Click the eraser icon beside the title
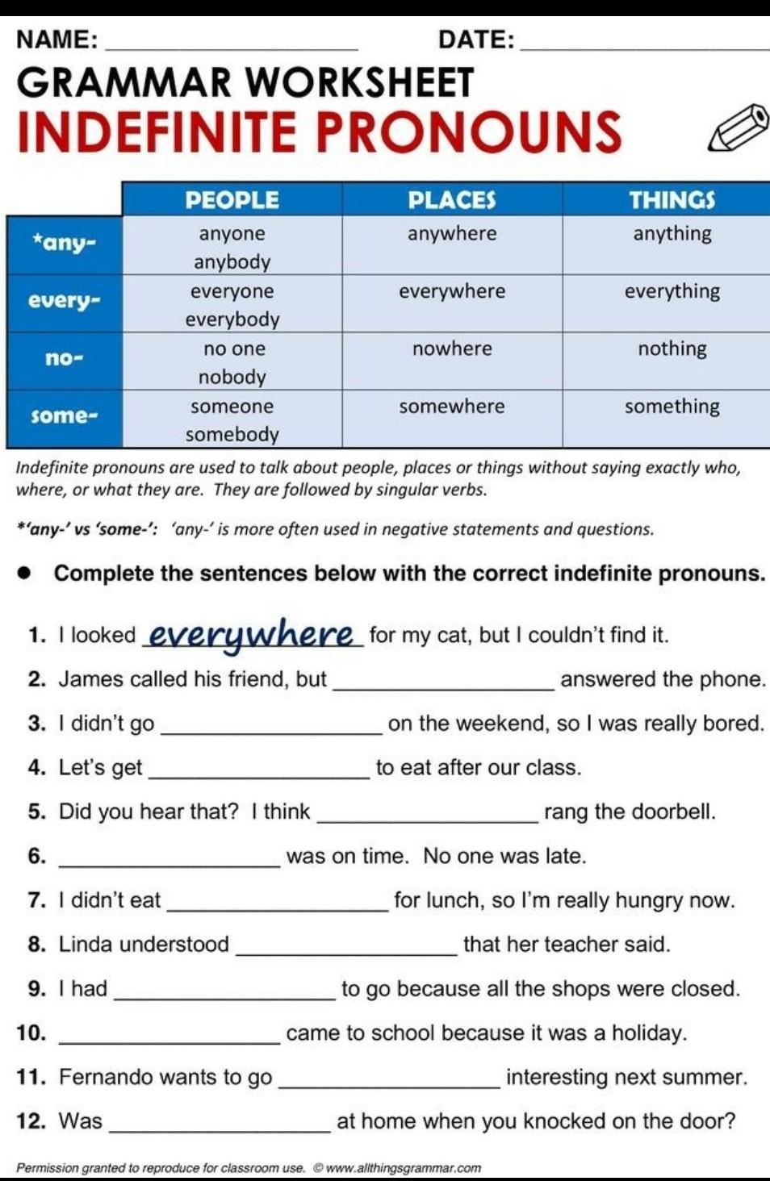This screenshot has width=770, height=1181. [x=738, y=127]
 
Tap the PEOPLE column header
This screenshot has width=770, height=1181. [x=232, y=200]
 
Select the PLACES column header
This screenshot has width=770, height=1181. [x=452, y=200]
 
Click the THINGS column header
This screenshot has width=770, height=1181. [x=672, y=200]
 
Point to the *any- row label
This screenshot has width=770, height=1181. [x=64, y=242]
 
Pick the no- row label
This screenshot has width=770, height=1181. [x=64, y=358]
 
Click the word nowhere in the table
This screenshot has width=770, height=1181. [x=452, y=348]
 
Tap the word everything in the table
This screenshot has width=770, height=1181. [x=672, y=291]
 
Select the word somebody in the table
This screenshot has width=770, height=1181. [x=232, y=435]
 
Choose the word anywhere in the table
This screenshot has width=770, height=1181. [x=452, y=234]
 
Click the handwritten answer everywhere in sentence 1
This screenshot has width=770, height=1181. [x=252, y=635]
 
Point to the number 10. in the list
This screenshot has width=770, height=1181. [x=31, y=1033]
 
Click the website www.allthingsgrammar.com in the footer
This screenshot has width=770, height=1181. [x=403, y=1168]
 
